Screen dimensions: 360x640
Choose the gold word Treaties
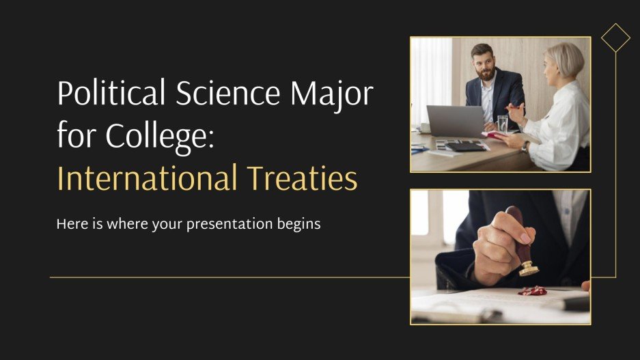pos(310,180)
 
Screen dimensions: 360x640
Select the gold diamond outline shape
pos(615,38)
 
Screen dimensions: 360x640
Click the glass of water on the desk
pos(503,125)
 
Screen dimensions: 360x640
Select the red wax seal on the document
pos(533,291)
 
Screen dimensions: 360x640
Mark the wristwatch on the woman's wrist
pos(524,146)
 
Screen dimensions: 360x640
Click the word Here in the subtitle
pos(70,224)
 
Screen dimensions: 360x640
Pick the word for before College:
pos(76,137)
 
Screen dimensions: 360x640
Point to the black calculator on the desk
pos(464,146)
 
